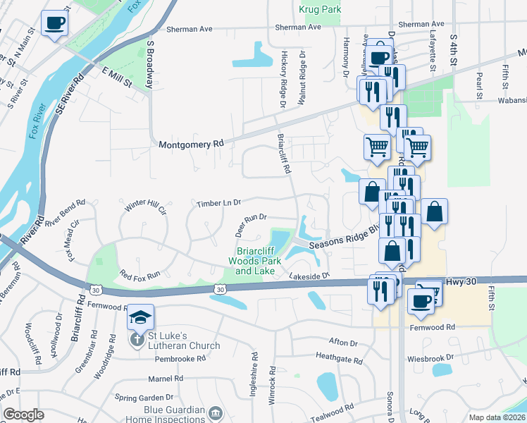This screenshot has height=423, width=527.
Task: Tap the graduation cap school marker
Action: click(140, 318)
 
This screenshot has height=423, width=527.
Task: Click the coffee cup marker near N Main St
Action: click(54, 23)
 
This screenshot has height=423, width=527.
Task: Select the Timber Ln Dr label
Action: click(218, 203)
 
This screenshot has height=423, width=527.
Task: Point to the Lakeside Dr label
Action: click(309, 276)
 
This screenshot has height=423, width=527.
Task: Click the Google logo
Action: click(23, 415)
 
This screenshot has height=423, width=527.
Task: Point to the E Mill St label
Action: click(117, 78)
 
